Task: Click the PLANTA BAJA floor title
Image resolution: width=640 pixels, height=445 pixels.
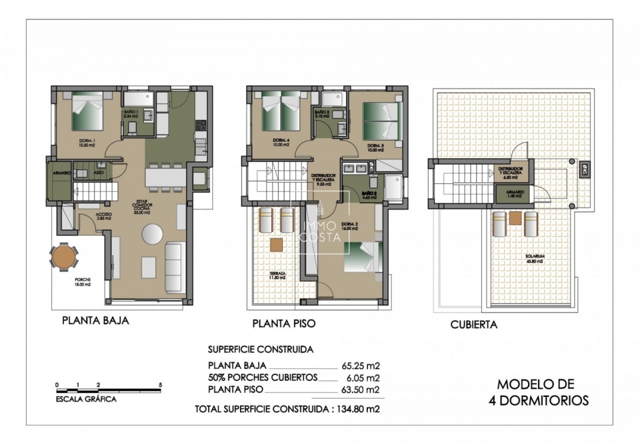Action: [95, 321]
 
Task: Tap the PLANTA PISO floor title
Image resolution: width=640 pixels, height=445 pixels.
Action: [283, 324]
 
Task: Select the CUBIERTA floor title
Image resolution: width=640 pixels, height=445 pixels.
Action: [473, 325]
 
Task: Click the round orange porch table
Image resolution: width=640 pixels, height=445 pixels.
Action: [63, 258]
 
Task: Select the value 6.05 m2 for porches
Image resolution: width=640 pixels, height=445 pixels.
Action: [363, 377]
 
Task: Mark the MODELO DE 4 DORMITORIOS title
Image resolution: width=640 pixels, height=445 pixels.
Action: [539, 392]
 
